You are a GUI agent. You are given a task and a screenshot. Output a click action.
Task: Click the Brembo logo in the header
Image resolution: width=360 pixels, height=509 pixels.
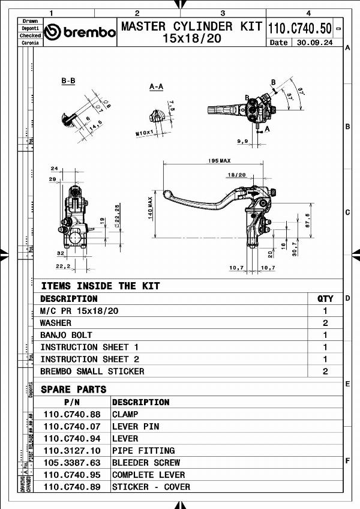[80, 32]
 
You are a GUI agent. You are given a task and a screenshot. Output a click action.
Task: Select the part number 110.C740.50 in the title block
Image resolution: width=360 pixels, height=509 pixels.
[299, 28]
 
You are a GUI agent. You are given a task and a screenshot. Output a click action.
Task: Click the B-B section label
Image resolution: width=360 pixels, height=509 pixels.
[68, 81]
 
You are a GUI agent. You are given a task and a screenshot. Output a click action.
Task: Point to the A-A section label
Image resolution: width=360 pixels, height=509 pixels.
[156, 86]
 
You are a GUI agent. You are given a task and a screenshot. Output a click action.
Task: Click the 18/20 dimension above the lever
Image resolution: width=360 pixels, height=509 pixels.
[236, 175]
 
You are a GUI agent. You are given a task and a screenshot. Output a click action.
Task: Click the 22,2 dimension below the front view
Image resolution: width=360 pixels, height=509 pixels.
[62, 266]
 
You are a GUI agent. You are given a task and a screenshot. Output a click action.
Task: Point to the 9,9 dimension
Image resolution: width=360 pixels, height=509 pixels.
[242, 141]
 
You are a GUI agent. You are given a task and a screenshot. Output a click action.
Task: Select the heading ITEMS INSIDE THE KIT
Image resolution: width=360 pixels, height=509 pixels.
[100, 286]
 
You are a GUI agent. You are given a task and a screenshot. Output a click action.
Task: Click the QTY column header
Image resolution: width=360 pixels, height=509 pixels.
[325, 298]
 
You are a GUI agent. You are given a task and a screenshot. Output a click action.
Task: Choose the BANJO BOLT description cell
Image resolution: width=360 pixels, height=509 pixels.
[66, 335]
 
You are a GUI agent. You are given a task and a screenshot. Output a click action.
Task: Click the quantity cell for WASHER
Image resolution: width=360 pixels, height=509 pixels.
[325, 323]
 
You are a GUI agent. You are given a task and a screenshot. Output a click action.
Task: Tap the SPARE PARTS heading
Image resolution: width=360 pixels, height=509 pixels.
[73, 390]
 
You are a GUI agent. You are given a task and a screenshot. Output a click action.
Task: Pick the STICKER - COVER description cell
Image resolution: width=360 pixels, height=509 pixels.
[151, 487]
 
